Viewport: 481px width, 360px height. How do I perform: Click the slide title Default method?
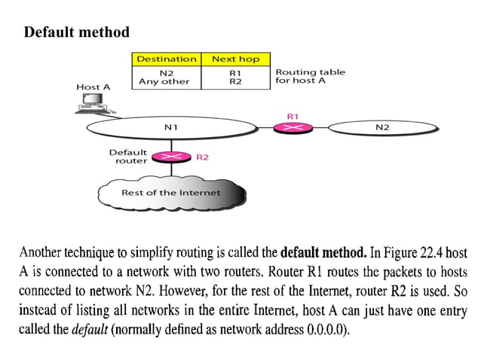[x=76, y=32]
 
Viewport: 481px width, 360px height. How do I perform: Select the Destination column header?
[x=166, y=59]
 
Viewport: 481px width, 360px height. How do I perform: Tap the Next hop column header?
[x=235, y=59]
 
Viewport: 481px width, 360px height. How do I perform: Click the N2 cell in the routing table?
[x=166, y=73]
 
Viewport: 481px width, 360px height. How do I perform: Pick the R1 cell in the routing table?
[x=235, y=73]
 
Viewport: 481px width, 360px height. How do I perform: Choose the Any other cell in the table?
[x=164, y=81]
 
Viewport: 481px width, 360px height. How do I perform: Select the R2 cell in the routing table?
[x=235, y=81]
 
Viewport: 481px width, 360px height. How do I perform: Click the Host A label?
[x=93, y=87]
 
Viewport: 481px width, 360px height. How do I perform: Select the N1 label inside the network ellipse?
[x=171, y=127]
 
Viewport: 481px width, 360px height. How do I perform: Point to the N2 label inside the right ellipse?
[x=382, y=127]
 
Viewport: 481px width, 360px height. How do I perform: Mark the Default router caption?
[x=128, y=157]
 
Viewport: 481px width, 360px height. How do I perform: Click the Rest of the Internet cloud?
[x=171, y=193]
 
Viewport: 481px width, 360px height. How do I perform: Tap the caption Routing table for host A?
[x=310, y=77]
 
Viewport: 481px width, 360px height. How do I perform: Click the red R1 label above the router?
[x=293, y=116]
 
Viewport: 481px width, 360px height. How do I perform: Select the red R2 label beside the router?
[x=202, y=157]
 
